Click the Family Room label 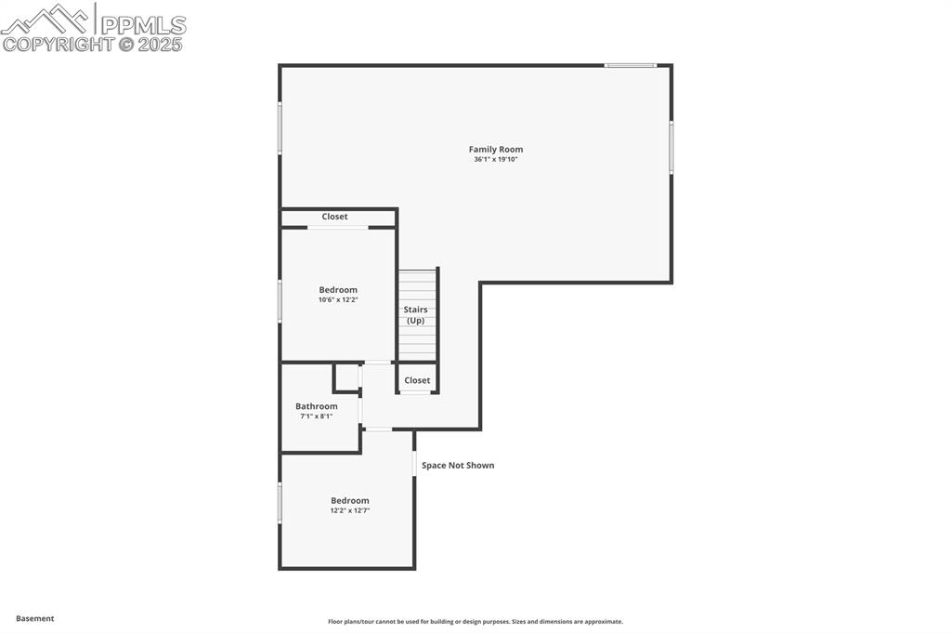coord(495,149)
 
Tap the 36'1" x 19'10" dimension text coord(495,160)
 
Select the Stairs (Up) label coord(415,315)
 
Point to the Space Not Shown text coord(458,465)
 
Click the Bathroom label coord(316,406)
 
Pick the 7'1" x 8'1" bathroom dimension coord(316,416)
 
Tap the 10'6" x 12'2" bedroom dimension coord(338,300)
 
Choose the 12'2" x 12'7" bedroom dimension coord(350,510)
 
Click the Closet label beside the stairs coord(417,380)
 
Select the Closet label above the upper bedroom coord(334,217)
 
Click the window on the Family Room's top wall coord(631,65)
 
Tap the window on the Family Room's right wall coord(671,147)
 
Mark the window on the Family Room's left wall coord(280,127)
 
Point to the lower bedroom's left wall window coord(280,502)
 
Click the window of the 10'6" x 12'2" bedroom coord(280,301)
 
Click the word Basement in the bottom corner coord(35,618)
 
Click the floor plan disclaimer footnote coord(475,622)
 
